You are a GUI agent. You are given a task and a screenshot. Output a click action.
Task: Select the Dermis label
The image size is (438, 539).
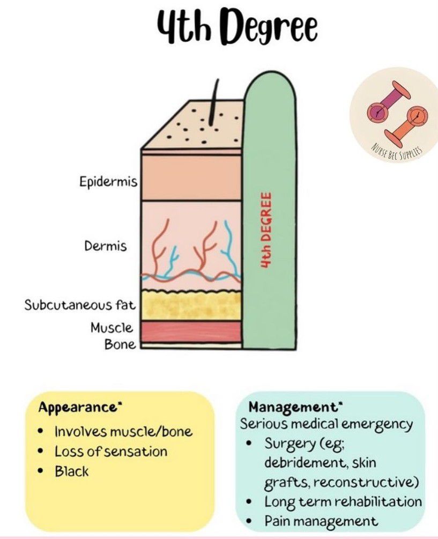[x=105, y=246]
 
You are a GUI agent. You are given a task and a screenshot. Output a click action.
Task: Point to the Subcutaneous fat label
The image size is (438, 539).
[x=78, y=305]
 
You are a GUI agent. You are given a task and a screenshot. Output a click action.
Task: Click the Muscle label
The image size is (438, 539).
[x=112, y=327]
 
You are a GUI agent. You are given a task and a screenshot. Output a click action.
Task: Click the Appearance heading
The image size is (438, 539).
[x=77, y=408]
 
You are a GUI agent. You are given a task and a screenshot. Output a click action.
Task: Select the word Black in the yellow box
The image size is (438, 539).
[x=71, y=472]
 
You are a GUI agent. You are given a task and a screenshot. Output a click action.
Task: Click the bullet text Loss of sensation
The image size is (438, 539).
[x=111, y=452]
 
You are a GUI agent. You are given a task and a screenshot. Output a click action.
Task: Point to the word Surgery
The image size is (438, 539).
[x=289, y=444]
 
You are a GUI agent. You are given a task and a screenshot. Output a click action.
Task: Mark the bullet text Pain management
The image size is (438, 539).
[x=321, y=521]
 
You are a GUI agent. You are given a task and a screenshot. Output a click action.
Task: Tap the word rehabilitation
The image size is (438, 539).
[x=376, y=502]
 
